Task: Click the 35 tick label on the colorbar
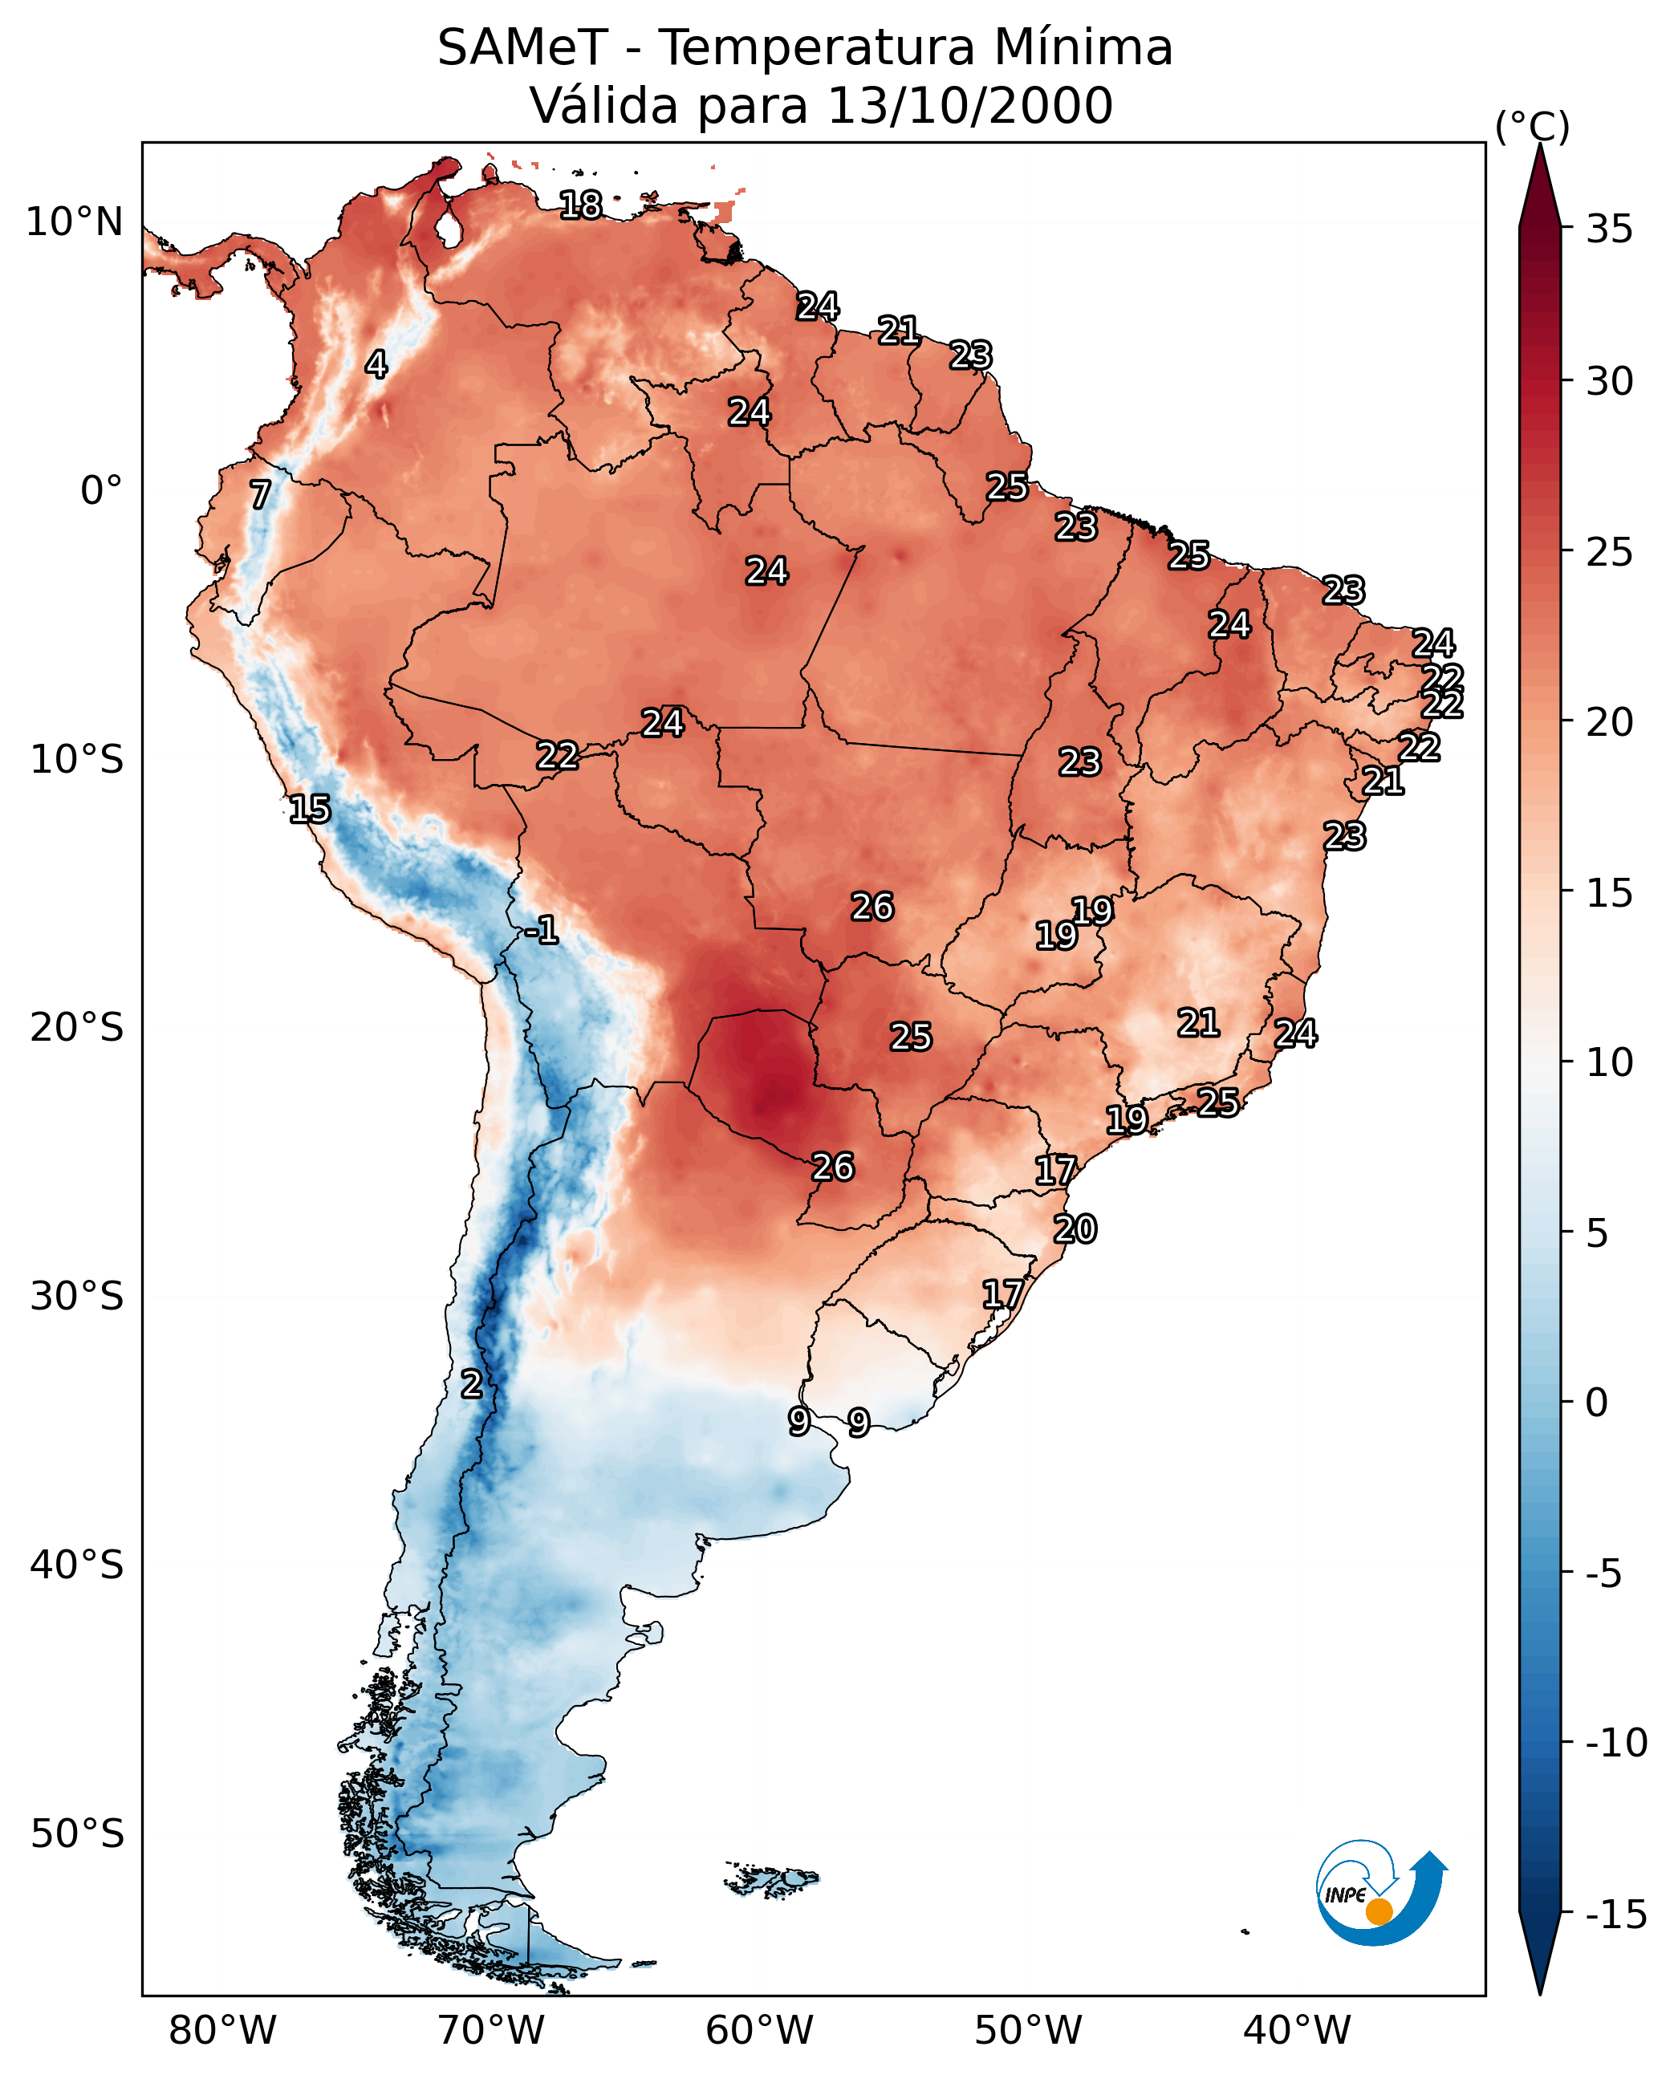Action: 1609,229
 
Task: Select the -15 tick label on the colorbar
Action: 1616,1915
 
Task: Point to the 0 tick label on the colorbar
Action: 1597,1403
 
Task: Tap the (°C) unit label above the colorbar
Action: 1532,126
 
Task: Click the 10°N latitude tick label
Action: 75,223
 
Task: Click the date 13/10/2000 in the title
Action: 970,105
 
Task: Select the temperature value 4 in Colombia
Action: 376,364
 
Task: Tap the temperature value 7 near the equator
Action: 260,494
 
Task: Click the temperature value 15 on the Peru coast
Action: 310,808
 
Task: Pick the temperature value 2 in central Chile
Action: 470,1383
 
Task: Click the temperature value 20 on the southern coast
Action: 1075,1228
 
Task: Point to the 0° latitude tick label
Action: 101,491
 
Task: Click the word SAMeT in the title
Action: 522,47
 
